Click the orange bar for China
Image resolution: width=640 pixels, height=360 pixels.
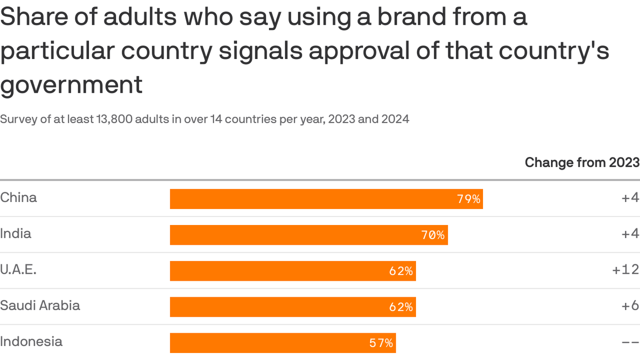[x=326, y=199]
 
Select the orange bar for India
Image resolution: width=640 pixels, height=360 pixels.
[x=309, y=235]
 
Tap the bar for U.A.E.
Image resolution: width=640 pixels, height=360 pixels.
[x=293, y=271]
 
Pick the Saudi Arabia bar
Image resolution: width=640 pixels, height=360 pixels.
[x=293, y=307]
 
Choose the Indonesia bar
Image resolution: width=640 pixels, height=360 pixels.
[x=283, y=343]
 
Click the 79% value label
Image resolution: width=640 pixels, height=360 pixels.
[x=469, y=199]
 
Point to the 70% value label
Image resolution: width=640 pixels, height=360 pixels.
[x=433, y=235]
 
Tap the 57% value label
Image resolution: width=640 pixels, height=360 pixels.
[x=381, y=343]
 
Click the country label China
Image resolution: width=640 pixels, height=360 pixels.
[x=19, y=197]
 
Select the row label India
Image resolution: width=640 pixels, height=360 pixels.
[x=15, y=233]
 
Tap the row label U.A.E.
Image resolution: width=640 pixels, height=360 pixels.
[x=18, y=270]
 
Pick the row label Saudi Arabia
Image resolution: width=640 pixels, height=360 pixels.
[x=40, y=306]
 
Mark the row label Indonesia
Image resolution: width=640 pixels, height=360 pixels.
[x=31, y=341]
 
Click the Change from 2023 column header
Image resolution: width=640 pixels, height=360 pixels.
[x=582, y=162]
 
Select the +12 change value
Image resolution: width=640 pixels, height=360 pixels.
[x=625, y=270]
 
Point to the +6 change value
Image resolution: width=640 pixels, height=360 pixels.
[x=630, y=306]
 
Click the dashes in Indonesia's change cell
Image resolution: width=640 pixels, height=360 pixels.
[x=630, y=343]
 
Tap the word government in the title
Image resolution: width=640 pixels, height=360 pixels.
[x=71, y=85]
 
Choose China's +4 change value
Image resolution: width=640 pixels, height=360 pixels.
[x=630, y=197]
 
